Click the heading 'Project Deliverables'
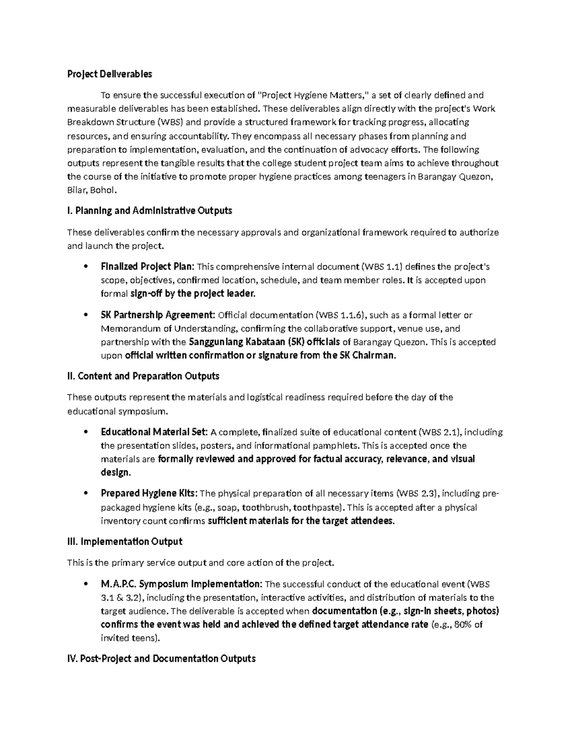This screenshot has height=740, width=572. click(x=110, y=74)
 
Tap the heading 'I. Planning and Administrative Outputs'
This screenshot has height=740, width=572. click(x=150, y=211)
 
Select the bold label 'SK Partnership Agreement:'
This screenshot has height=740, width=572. click(x=158, y=315)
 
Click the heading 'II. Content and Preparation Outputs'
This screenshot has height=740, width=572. click(x=143, y=376)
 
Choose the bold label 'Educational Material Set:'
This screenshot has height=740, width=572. click(x=154, y=432)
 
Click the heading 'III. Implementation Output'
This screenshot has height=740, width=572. click(x=125, y=542)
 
